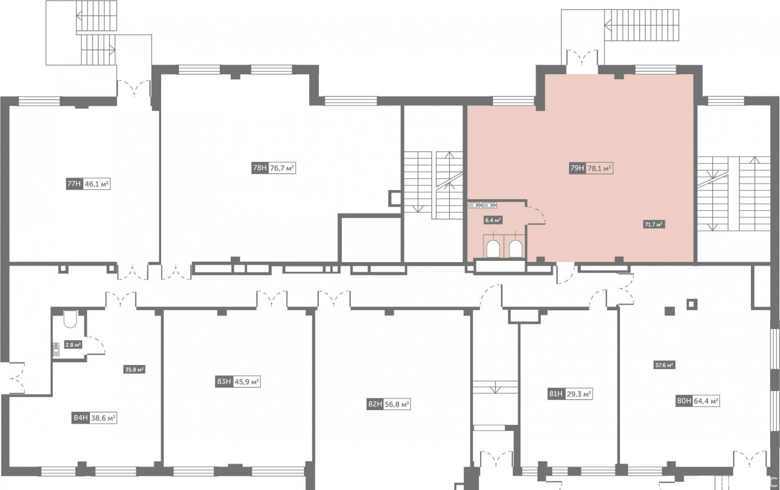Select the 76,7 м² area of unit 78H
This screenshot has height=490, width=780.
(x=282, y=168)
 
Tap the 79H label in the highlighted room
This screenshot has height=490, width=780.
(x=577, y=168)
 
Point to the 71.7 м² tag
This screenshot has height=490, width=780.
(x=654, y=224)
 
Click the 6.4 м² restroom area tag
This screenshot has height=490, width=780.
(x=493, y=220)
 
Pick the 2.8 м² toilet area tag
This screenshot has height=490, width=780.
(x=73, y=345)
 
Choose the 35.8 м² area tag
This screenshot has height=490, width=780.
(x=134, y=370)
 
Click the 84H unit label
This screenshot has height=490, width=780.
(x=80, y=418)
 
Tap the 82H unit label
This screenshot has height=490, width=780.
(x=375, y=404)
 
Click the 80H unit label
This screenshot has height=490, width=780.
(x=684, y=401)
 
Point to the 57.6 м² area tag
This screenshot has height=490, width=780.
(x=664, y=365)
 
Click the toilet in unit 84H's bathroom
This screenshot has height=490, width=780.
(x=70, y=319)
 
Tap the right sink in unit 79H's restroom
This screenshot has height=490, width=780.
(x=490, y=205)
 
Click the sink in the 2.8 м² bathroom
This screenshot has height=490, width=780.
(x=56, y=348)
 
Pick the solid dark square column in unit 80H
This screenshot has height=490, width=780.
(x=670, y=311)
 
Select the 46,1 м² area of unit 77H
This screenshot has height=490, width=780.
(x=97, y=184)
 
